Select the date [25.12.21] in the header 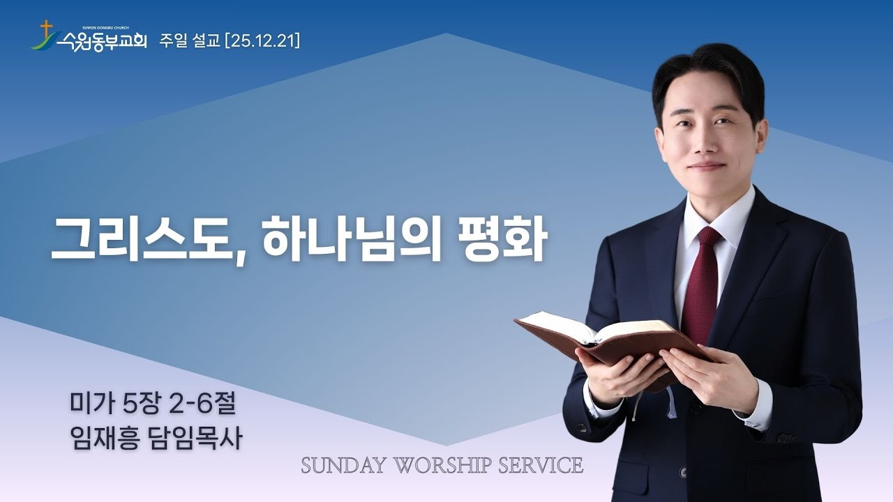point(261,42)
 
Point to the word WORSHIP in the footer point(440,466)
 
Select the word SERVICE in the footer point(541,466)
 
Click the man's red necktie point(700,293)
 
